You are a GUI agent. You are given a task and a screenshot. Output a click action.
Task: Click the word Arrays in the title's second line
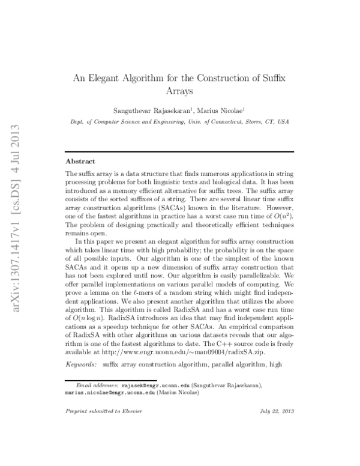[x=179, y=92]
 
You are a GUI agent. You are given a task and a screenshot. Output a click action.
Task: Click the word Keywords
[x=81, y=365]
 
